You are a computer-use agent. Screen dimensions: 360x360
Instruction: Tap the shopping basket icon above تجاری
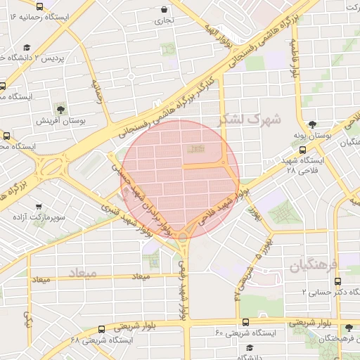coord(164,10)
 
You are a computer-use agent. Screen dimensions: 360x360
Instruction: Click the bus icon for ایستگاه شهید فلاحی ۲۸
coord(302,150)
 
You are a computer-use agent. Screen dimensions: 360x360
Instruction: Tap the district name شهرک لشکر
coord(250,120)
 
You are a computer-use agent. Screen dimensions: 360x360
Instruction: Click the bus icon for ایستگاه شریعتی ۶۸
coord(102,328)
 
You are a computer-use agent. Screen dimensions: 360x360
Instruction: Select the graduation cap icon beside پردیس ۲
coord(26,48)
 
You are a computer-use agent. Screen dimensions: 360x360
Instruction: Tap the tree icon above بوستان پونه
coord(326,122)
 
